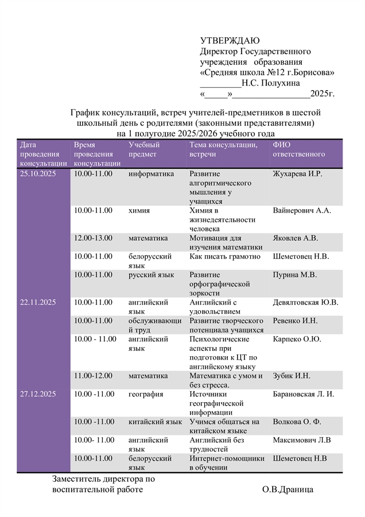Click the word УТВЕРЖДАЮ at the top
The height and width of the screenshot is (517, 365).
coord(230,40)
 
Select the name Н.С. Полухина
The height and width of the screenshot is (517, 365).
coord(270,83)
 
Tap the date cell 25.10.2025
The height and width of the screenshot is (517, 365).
coord(38,173)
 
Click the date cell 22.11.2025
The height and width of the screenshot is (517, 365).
coord(38,302)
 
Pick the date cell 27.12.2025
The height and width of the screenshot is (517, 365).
coord(38,394)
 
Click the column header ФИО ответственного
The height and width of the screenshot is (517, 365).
coord(298,149)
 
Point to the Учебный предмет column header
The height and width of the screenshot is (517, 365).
coord(143,149)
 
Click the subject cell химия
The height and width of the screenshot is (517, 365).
coord(139,210)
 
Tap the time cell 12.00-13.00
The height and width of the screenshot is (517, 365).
coord(94,238)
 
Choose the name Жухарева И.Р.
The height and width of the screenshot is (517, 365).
coord(298,173)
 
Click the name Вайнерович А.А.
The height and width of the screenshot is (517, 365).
coord(302,210)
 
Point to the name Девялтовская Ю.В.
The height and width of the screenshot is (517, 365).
coord(305,302)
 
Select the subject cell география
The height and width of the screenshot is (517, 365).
coord(146,394)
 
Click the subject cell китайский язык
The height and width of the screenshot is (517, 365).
coord(155,422)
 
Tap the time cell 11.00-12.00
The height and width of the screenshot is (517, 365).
coord(94,376)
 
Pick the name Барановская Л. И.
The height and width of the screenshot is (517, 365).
coord(304,394)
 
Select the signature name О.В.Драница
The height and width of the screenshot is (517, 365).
coord(288,489)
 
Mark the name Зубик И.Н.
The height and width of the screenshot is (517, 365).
coord(292,376)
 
